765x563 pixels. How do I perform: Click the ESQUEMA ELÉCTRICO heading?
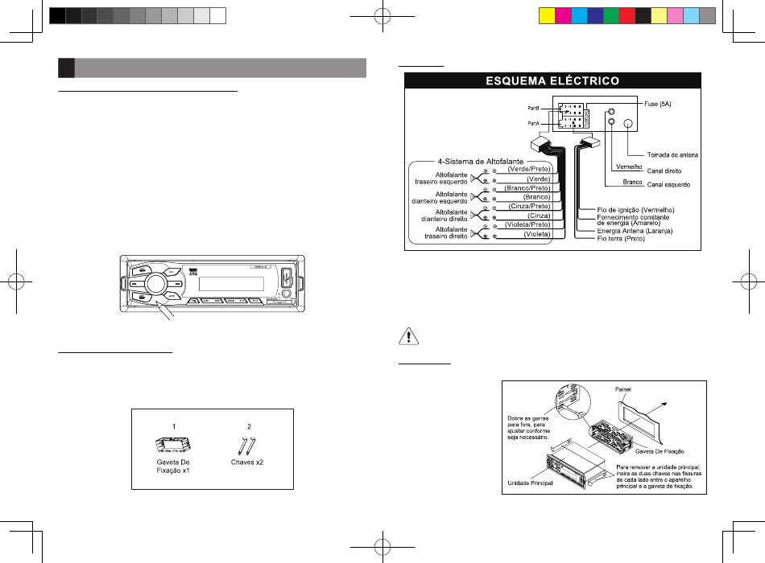click(x=552, y=81)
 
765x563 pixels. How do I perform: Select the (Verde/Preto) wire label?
click(x=528, y=169)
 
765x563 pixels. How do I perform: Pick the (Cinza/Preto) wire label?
click(x=529, y=206)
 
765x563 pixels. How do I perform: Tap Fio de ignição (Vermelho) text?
click(x=635, y=210)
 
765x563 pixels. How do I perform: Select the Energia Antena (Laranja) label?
click(x=635, y=232)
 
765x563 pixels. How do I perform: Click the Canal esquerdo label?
click(x=675, y=185)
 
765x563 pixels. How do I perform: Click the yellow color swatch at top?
click(x=544, y=15)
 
